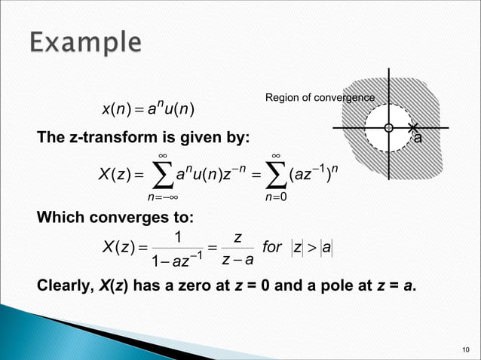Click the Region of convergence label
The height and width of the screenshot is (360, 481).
[x=319, y=98]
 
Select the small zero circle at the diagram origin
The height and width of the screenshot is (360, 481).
[x=388, y=128]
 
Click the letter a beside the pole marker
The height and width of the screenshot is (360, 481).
[x=418, y=139]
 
